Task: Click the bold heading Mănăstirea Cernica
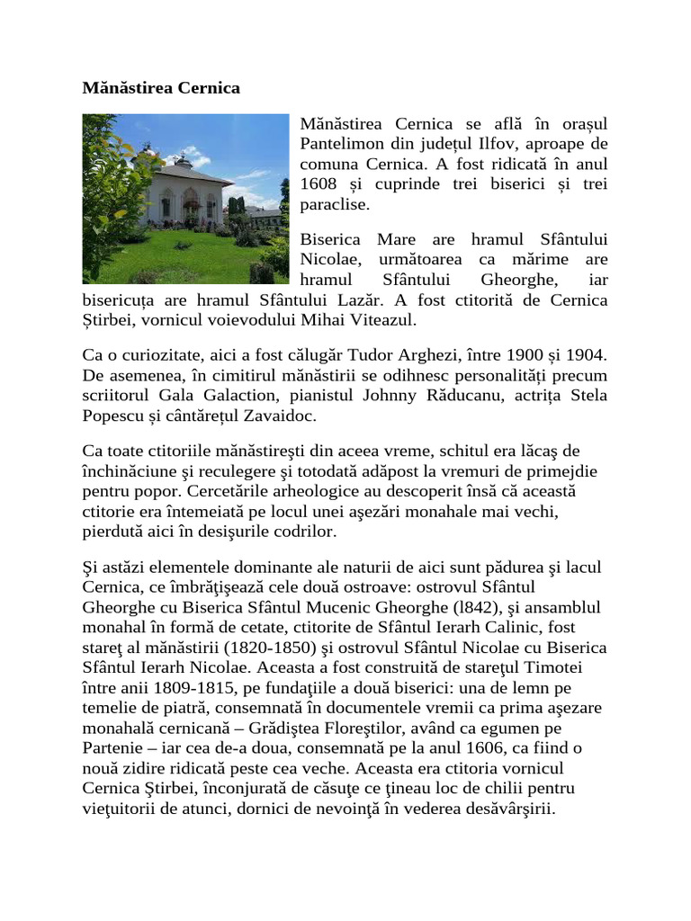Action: [x=161, y=88]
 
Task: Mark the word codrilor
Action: [x=300, y=532]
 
